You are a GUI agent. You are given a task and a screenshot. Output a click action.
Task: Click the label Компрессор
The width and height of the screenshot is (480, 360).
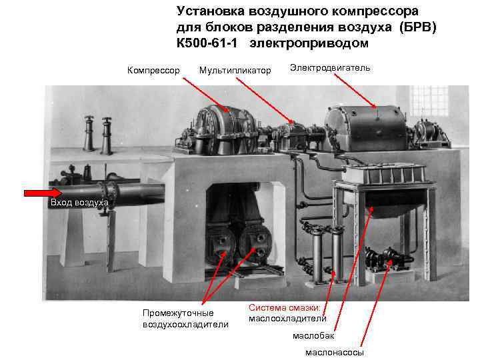click(153, 69)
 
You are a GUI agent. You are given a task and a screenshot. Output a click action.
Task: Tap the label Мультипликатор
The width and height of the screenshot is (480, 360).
click(235, 69)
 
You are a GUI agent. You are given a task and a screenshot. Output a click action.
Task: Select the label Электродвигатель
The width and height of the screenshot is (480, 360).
click(330, 68)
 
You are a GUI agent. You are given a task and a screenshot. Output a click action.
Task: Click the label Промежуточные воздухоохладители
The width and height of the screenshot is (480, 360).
click(185, 319)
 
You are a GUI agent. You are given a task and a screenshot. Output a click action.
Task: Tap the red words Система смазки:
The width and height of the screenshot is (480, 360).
click(285, 307)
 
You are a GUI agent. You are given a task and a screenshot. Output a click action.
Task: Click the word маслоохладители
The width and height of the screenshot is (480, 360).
click(287, 318)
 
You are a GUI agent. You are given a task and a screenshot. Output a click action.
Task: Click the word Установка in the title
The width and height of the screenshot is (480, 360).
click(211, 11)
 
